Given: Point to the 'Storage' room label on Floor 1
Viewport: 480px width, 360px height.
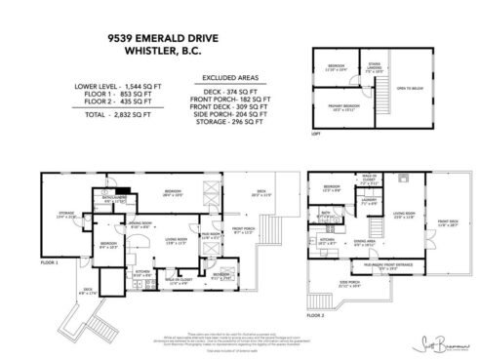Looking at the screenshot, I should (66, 214).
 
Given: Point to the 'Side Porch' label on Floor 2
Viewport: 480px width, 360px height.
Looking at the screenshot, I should (350, 285).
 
